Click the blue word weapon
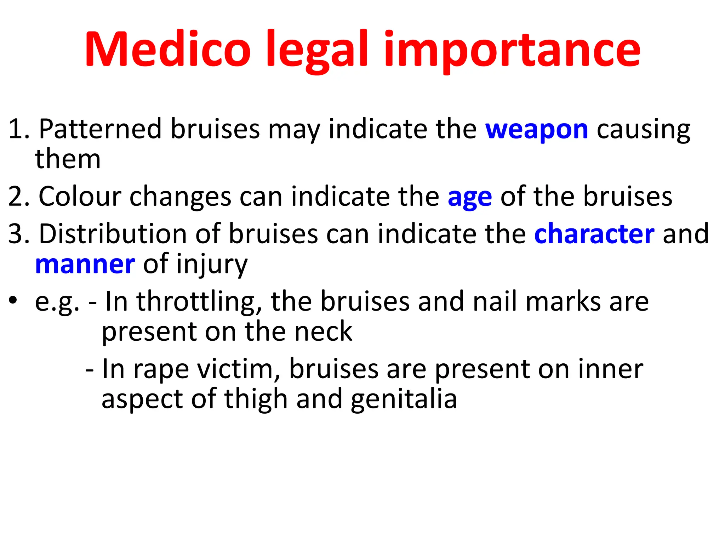537,130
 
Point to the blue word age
470,197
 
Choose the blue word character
594,234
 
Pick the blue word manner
85,265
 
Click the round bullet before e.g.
13,301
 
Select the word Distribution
113,234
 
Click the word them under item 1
68,159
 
